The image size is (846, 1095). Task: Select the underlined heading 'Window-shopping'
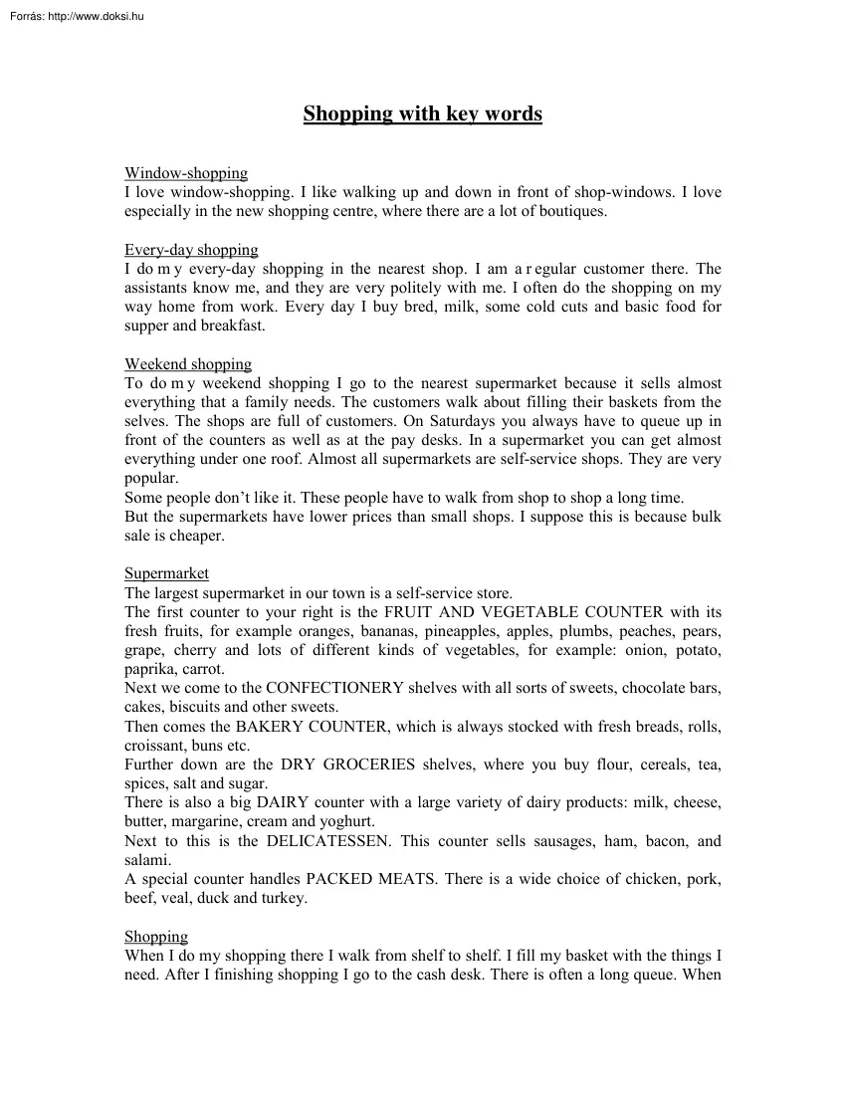(186, 173)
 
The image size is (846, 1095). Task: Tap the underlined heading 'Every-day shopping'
(191, 250)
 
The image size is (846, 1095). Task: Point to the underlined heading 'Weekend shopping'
(188, 364)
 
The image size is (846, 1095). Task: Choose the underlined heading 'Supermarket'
(166, 573)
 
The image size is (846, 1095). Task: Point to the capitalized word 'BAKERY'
(269, 726)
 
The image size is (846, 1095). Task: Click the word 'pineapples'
(462, 631)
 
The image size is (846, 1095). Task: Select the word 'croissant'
(156, 746)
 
